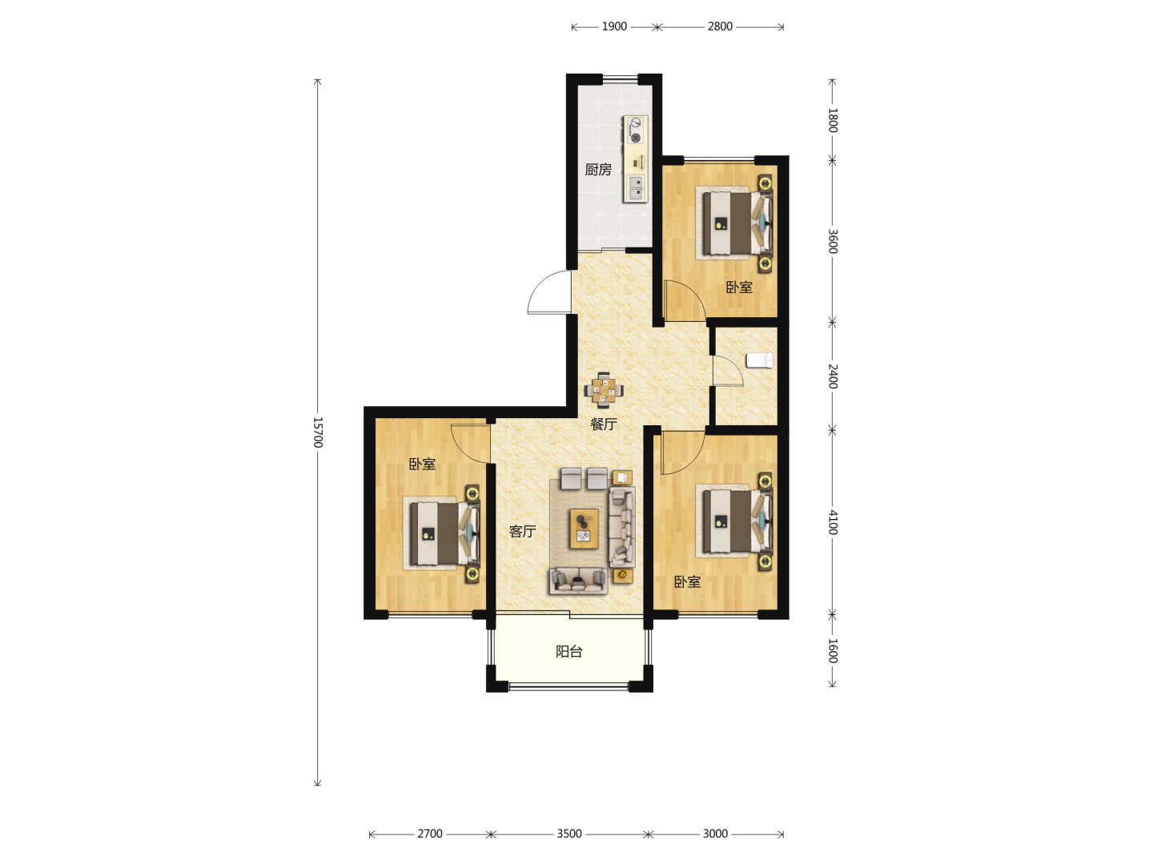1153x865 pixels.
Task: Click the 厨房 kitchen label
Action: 598,170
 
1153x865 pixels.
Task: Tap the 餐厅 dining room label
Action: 604,424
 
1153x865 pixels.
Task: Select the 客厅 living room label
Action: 522,532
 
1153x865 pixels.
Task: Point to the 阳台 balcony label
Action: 569,652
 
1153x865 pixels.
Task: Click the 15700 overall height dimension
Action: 318,432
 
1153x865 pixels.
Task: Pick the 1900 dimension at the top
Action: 614,26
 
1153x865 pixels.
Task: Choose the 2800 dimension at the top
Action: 720,26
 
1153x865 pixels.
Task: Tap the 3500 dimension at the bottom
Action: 569,834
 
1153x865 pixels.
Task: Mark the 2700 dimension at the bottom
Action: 430,834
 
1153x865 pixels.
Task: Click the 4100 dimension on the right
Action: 833,522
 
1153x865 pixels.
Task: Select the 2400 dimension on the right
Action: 833,376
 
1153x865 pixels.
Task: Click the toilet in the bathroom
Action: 760,360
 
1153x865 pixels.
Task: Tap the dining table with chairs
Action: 604,390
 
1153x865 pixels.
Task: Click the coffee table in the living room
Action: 585,529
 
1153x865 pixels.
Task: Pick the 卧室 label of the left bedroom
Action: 422,465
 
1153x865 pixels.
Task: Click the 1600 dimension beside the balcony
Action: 833,650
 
